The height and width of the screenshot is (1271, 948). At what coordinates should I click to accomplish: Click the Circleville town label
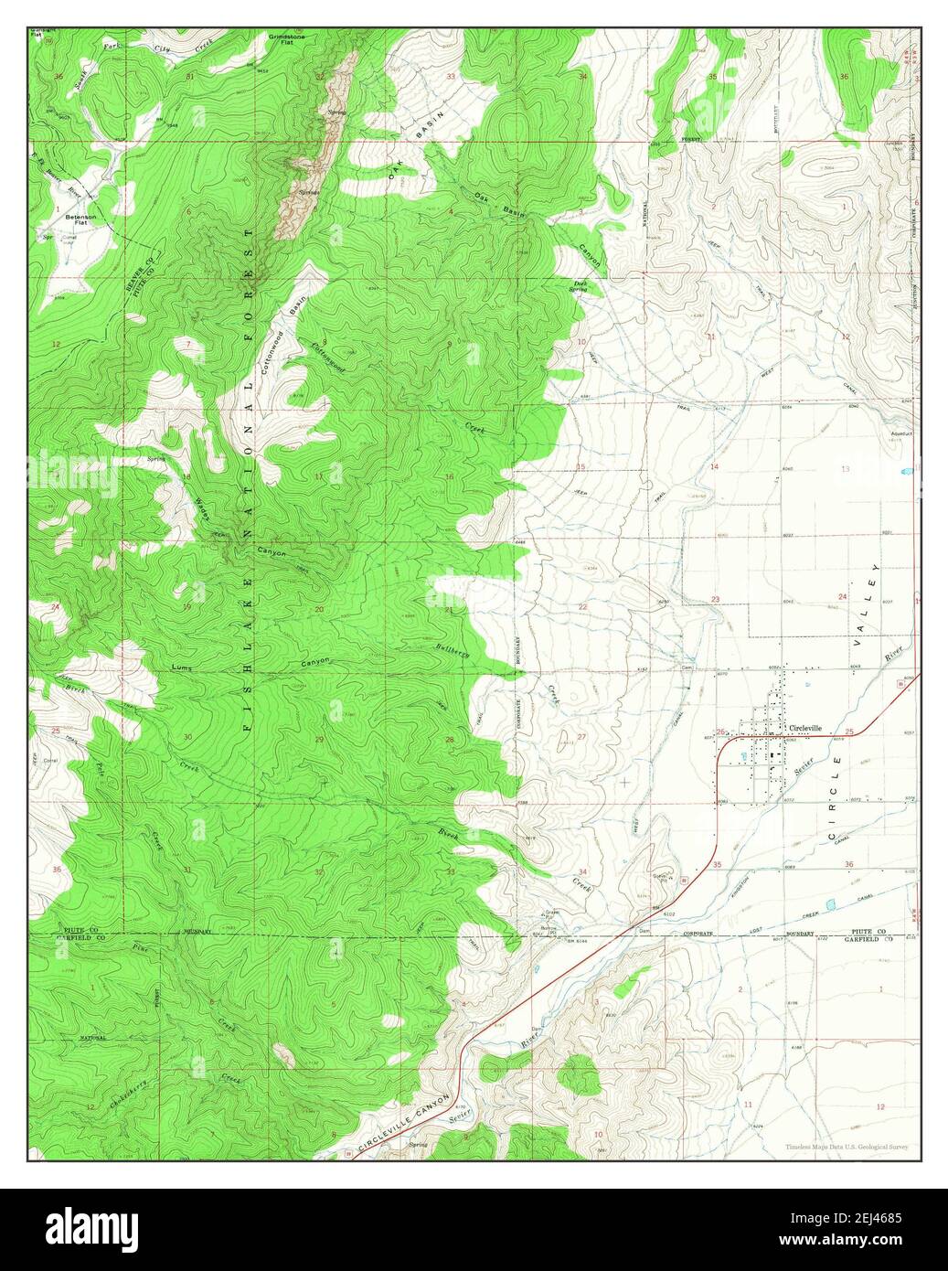[x=804, y=728]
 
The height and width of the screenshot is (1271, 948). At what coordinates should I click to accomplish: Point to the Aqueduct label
[x=901, y=434]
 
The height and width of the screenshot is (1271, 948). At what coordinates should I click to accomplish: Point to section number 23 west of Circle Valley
[x=715, y=600]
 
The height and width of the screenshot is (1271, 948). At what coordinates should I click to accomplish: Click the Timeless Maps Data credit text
[x=846, y=1147]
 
